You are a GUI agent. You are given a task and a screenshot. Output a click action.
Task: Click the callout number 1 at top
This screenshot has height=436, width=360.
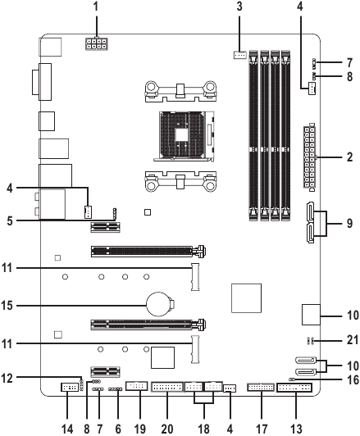click(96, 7)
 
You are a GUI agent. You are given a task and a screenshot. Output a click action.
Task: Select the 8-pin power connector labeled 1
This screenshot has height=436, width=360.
click(97, 43)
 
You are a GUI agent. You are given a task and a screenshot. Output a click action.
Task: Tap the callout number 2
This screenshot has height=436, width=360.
click(349, 157)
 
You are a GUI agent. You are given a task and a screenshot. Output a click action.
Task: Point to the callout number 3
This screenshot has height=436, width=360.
click(239, 7)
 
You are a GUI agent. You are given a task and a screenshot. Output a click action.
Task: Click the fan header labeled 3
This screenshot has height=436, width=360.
click(239, 55)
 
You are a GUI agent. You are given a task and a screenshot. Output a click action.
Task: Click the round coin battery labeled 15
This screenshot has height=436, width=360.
click(158, 304)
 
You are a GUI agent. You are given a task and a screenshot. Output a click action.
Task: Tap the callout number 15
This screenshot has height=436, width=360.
click(7, 306)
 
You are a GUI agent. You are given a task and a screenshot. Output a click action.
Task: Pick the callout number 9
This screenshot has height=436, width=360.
click(349, 223)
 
